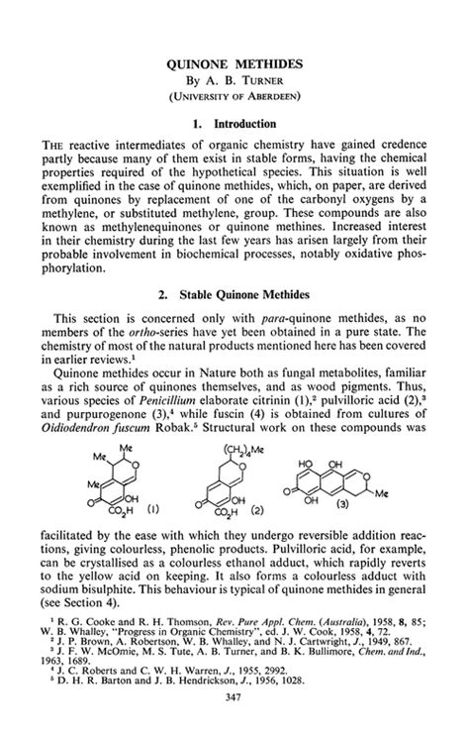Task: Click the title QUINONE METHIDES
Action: coord(234,61)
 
